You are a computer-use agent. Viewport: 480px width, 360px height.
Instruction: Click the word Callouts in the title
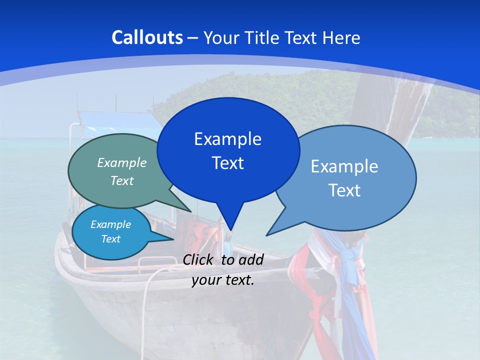pyautogui.click(x=147, y=37)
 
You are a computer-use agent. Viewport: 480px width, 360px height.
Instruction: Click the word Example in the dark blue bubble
pyautogui.click(x=227, y=139)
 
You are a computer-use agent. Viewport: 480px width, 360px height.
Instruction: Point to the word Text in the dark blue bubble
pyautogui.click(x=227, y=163)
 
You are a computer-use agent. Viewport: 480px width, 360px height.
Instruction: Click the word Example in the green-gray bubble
pyautogui.click(x=122, y=162)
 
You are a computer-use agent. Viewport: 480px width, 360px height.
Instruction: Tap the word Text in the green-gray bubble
pyautogui.click(x=122, y=180)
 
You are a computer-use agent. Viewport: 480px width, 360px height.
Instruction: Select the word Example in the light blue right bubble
pyautogui.click(x=344, y=166)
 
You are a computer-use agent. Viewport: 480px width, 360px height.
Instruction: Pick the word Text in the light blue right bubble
pyautogui.click(x=344, y=190)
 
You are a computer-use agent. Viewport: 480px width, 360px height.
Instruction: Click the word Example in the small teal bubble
pyautogui.click(x=110, y=224)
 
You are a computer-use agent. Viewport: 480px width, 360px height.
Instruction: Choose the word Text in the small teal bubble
pyautogui.click(x=110, y=239)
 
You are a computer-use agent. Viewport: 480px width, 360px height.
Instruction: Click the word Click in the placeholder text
pyautogui.click(x=199, y=259)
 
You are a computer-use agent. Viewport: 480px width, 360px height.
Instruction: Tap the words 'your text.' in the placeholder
pyautogui.click(x=223, y=280)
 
